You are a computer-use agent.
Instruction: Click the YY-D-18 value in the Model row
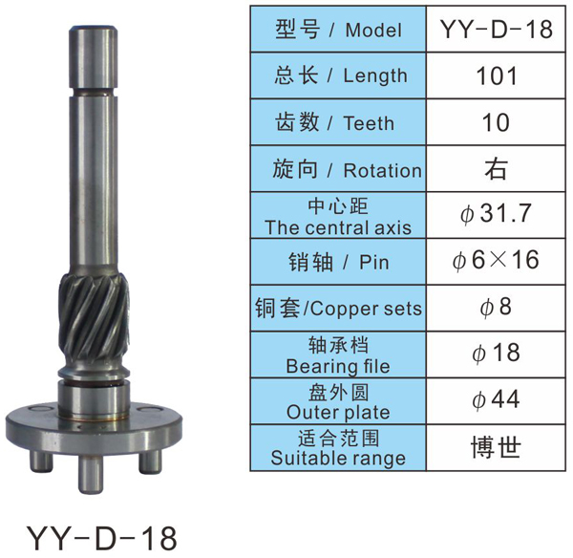coord(496,29)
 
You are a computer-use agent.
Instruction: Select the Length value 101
coord(497,75)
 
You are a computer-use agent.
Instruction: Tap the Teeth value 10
coord(496,122)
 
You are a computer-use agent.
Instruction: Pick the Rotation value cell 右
coord(496,169)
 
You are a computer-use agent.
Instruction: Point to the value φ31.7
coord(496,214)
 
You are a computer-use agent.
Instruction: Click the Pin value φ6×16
coord(496,260)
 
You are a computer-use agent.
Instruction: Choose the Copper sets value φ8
coord(496,307)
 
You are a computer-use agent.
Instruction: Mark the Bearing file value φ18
coord(496,354)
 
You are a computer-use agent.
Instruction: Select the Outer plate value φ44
coord(496,399)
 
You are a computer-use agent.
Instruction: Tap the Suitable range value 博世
coord(496,447)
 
